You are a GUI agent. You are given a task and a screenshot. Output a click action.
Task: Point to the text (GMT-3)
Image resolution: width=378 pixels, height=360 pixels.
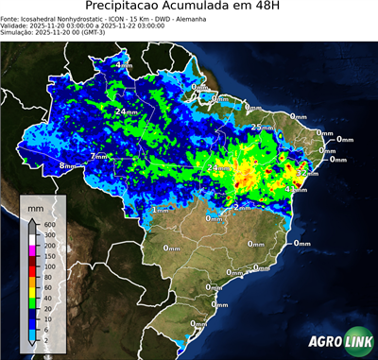124,32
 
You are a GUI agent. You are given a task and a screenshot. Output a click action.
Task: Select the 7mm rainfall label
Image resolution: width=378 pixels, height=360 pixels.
98,156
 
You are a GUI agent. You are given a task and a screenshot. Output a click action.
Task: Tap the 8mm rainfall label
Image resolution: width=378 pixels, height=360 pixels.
67,166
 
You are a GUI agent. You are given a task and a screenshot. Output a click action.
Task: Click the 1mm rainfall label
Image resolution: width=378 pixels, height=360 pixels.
160,210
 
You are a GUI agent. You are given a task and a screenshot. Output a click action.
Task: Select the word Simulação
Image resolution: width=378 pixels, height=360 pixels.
18,32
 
